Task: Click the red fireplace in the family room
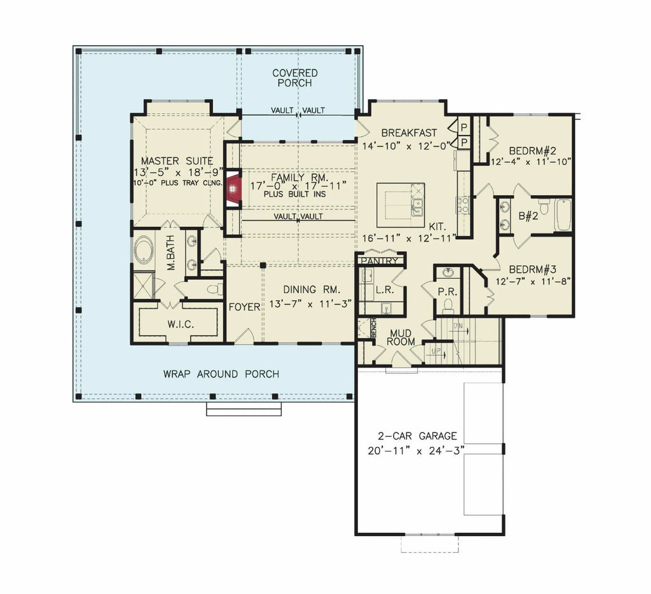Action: point(233,189)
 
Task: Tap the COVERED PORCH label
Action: point(295,78)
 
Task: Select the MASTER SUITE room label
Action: point(177,161)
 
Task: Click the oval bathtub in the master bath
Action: point(144,249)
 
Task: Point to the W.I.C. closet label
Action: point(181,324)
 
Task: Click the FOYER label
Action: point(245,307)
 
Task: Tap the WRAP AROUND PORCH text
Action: point(221,374)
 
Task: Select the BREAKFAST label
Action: point(409,133)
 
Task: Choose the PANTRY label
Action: point(380,261)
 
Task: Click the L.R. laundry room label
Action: point(385,289)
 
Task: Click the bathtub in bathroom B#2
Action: point(563,215)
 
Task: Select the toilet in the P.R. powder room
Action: point(448,306)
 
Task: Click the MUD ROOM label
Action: point(401,338)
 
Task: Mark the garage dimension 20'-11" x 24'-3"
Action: point(416,451)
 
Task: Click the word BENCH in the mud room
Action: point(373,328)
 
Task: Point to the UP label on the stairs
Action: point(436,352)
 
